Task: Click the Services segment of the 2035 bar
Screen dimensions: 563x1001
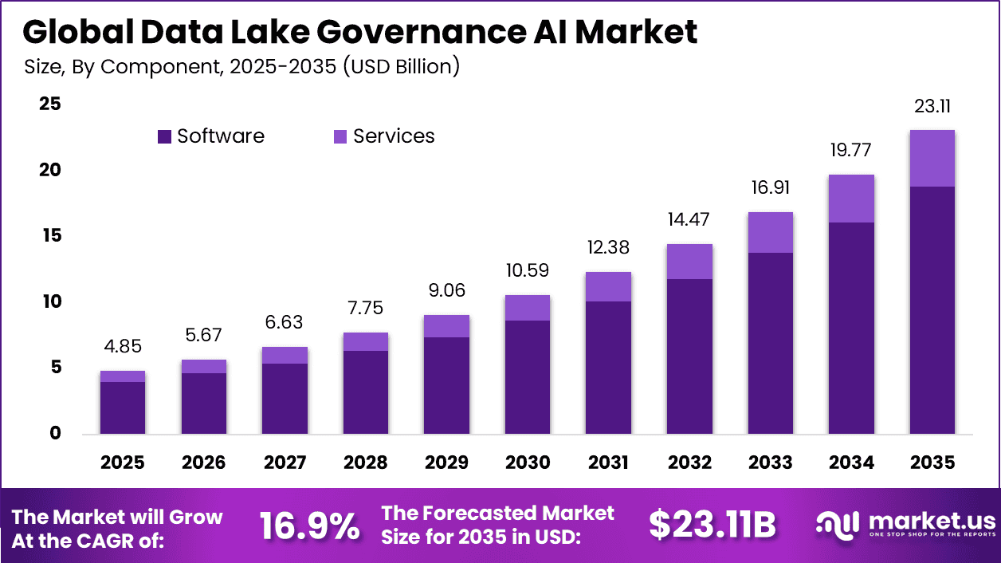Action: point(932,158)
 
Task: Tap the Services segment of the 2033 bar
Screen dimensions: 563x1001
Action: point(770,232)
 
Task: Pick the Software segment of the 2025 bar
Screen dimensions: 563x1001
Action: point(123,407)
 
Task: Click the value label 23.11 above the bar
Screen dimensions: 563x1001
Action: point(932,107)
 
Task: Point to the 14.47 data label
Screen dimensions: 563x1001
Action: point(689,220)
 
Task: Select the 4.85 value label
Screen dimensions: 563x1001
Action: point(123,348)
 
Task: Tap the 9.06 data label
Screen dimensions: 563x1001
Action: point(446,290)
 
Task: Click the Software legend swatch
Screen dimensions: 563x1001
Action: point(165,136)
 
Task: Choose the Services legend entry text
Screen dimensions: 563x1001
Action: point(394,136)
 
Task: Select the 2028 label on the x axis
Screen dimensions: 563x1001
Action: point(365,463)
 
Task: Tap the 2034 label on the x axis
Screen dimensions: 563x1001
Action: point(850,463)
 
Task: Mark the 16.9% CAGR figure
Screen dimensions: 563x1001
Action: point(309,527)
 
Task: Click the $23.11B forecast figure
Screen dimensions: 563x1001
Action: point(712,526)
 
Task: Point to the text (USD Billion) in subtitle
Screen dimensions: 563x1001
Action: point(402,66)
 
